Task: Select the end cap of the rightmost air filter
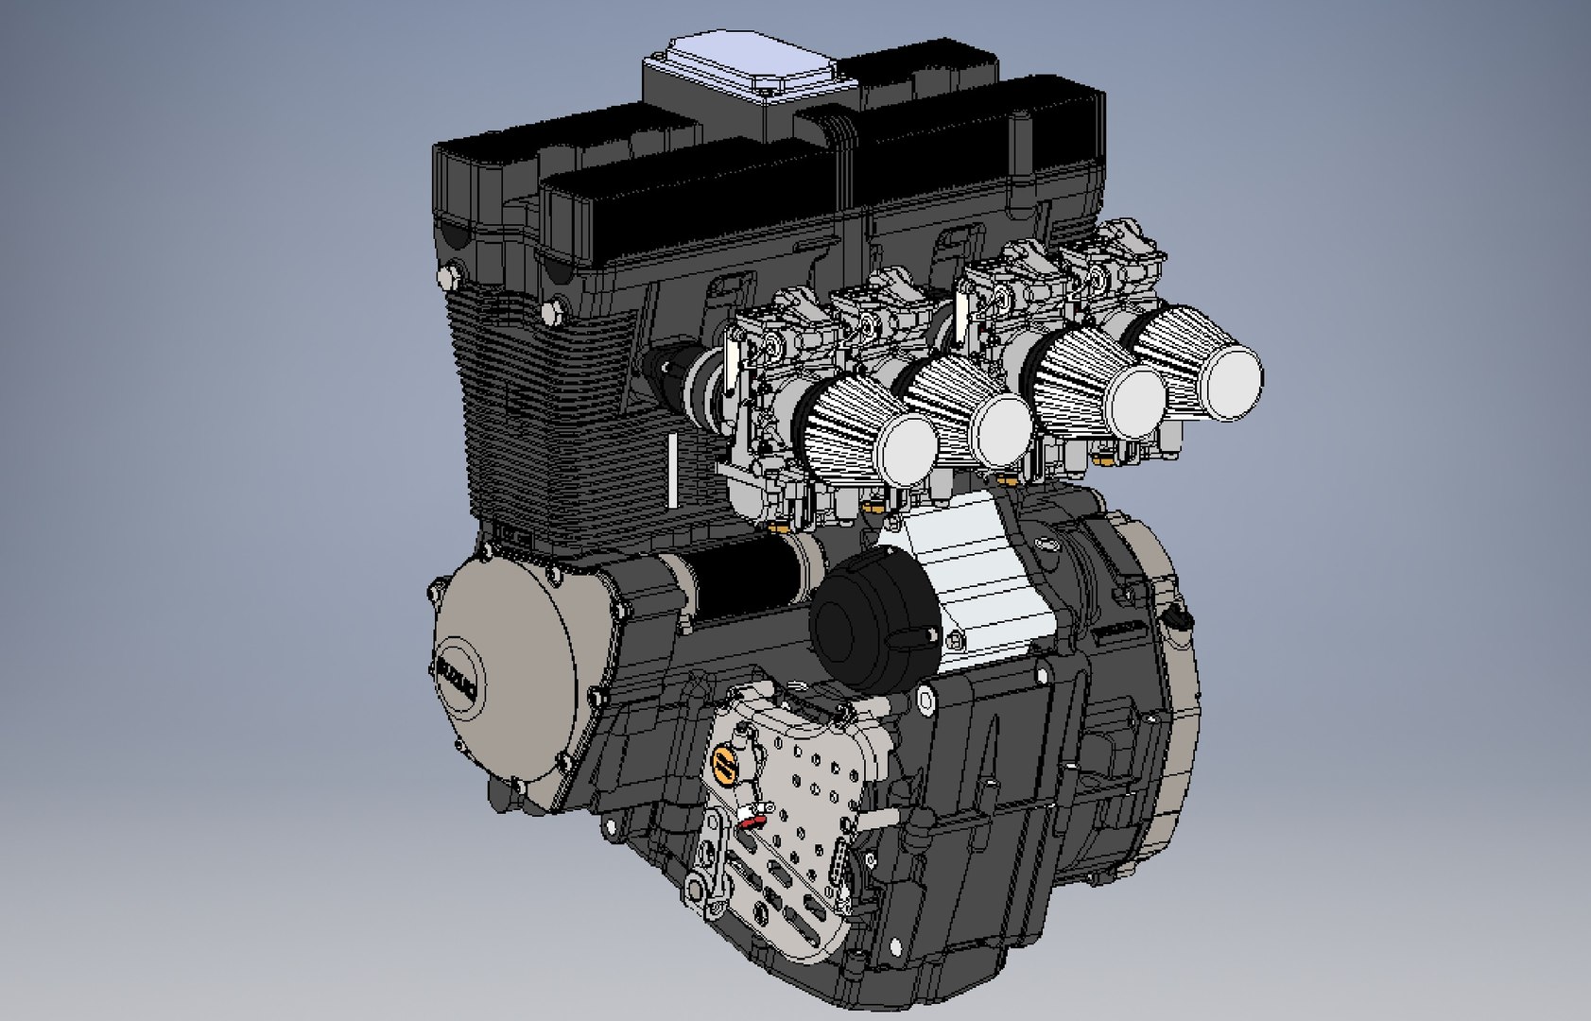(1228, 370)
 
